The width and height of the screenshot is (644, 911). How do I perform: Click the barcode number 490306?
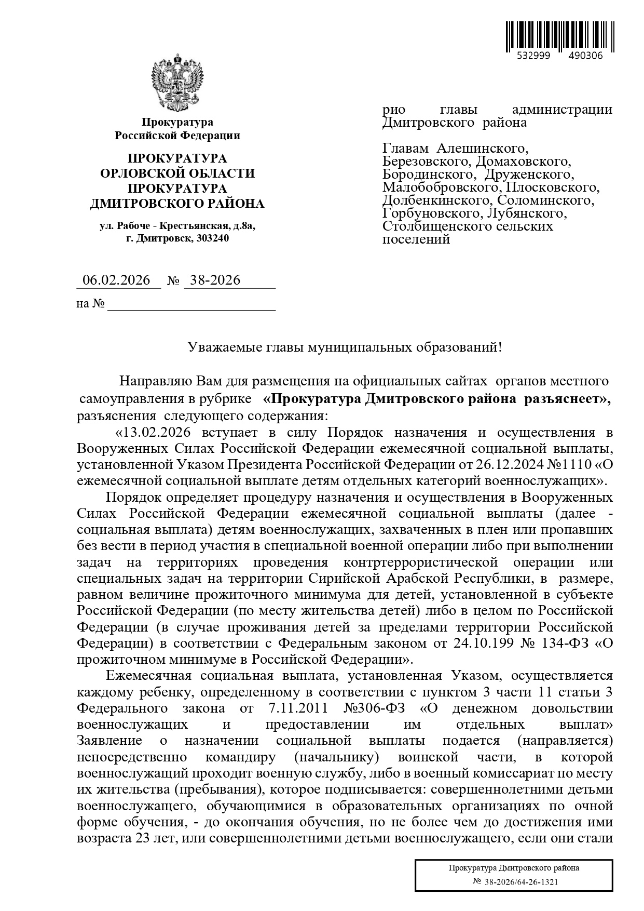click(585, 56)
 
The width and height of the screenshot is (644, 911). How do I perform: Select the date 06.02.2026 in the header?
click(117, 280)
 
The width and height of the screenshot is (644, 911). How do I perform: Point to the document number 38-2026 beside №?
click(215, 280)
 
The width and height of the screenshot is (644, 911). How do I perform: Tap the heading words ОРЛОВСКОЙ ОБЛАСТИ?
click(177, 173)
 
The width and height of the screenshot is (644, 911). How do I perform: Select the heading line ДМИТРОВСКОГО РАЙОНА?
click(177, 204)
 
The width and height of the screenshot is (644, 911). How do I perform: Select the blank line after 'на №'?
click(190, 304)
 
